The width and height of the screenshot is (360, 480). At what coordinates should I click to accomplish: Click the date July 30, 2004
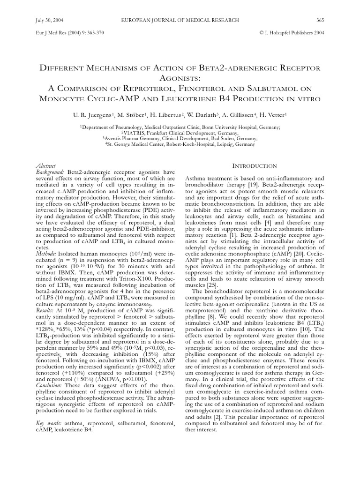pyautogui.click(x=49, y=20)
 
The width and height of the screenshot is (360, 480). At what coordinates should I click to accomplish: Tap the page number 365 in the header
pyautogui.click(x=321, y=20)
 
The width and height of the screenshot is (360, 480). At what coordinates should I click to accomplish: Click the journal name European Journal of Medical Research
pyautogui.click(x=180, y=20)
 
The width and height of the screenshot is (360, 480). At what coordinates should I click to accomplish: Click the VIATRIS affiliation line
pyautogui.click(x=180, y=133)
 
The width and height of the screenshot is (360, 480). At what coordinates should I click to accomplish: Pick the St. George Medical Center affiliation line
pyautogui.click(x=180, y=145)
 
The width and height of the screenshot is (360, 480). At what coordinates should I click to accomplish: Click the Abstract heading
pyautogui.click(x=46, y=166)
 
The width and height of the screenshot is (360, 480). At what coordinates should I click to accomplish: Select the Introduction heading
pyautogui.click(x=255, y=166)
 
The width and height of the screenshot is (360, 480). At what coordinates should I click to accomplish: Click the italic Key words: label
pyautogui.click(x=50, y=424)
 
